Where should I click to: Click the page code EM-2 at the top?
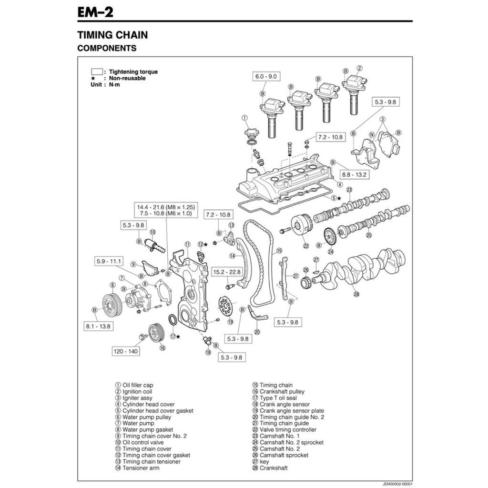tap(95, 12)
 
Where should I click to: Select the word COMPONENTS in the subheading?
tap(107, 48)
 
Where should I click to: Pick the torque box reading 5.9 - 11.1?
tap(109, 261)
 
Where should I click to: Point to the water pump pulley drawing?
tap(112, 305)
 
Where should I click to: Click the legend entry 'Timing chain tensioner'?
tap(152, 461)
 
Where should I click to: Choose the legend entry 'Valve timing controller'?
tap(288, 429)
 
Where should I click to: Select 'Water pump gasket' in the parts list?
tap(148, 429)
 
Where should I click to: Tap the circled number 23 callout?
tap(349, 190)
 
